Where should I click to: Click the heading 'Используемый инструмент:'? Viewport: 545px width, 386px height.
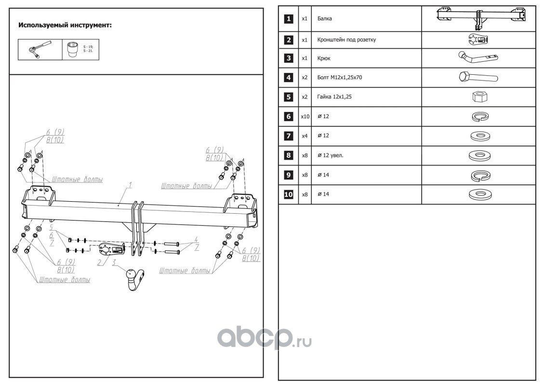click(x=65, y=25)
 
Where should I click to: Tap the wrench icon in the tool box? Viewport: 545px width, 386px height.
click(x=38, y=49)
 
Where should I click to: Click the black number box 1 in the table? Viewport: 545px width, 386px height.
click(x=288, y=19)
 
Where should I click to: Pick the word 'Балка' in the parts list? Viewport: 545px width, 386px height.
click(x=325, y=19)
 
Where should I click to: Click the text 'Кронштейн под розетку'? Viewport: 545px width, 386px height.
click(x=346, y=40)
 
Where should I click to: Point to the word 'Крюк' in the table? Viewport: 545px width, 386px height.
click(x=324, y=58)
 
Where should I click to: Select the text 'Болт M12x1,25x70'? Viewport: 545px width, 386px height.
click(x=340, y=77)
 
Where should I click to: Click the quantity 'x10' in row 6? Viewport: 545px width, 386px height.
click(x=305, y=116)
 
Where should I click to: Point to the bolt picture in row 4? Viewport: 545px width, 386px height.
click(x=478, y=77)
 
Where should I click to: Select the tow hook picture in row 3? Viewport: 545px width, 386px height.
click(x=477, y=58)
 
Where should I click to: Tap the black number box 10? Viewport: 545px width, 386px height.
click(x=288, y=194)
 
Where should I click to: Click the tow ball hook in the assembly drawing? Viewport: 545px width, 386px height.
click(x=133, y=278)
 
